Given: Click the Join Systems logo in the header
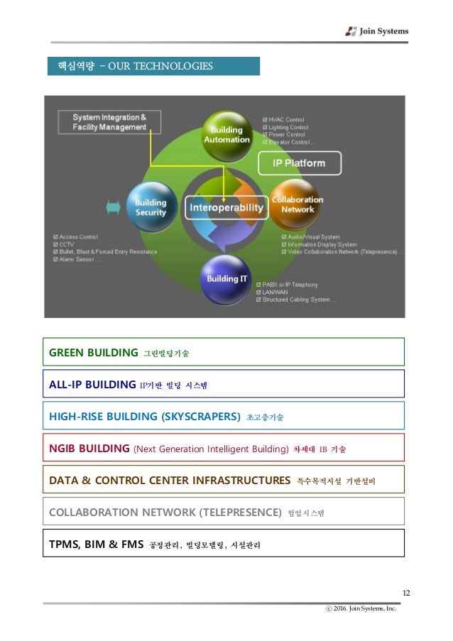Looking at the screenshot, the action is (376, 31).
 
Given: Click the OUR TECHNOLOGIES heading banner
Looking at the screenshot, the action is (153, 66).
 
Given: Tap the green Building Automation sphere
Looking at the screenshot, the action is (227, 133).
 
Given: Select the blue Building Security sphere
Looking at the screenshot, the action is (151, 207).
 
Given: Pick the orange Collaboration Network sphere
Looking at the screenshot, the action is (297, 204).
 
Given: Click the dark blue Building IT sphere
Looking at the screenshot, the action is (226, 278).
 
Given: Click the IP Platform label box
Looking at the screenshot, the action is (299, 163).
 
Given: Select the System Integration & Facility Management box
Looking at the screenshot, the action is (109, 122).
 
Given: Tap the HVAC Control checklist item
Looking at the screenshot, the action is (286, 120).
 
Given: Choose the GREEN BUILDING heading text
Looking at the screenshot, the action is (93, 352).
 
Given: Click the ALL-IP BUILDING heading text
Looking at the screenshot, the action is (92, 384).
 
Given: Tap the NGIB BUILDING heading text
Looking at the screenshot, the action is (89, 449).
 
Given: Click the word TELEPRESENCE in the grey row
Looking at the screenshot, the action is (240, 512).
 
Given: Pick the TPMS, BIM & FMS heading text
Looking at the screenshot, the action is (96, 544).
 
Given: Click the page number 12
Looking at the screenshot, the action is (406, 593).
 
